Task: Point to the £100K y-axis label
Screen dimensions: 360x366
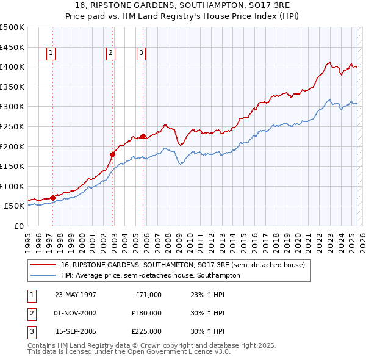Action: pyautogui.click(x=12, y=186)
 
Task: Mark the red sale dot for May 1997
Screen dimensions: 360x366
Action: pyautogui.click(x=53, y=198)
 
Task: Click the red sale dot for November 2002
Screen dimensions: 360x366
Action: pyautogui.click(x=113, y=154)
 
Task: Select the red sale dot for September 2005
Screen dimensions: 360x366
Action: pyautogui.click(x=143, y=136)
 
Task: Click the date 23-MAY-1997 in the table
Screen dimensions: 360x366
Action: pyautogui.click(x=76, y=295)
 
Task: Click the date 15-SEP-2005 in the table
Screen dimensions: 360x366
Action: pyautogui.click(x=76, y=331)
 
